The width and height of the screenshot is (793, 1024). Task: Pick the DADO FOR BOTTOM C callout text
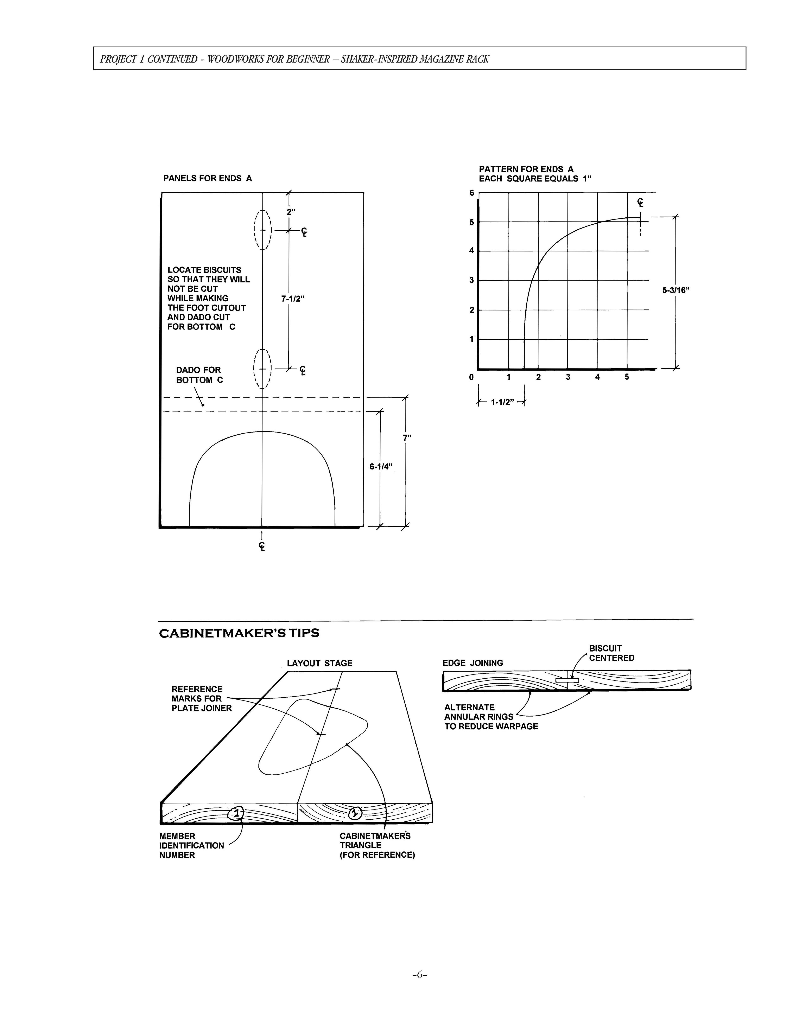coord(199,375)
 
